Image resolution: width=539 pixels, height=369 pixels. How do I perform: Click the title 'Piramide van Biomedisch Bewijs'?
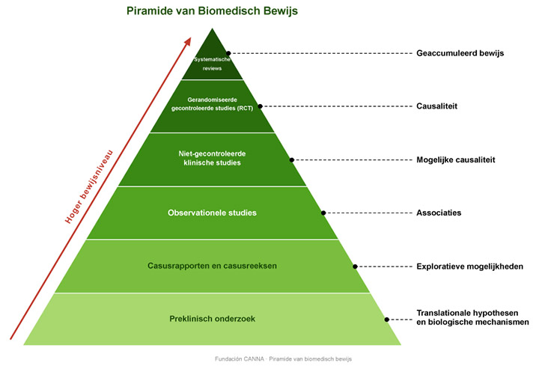(x=212, y=11)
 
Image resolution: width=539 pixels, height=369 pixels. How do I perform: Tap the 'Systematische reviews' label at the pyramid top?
(x=212, y=64)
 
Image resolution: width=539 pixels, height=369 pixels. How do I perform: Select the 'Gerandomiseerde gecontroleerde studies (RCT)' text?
(x=212, y=104)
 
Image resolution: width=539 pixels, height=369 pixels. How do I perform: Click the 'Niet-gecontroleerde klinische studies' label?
(x=212, y=158)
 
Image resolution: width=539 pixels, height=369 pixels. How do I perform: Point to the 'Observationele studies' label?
(x=212, y=213)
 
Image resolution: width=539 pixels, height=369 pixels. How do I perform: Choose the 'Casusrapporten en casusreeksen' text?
(x=212, y=266)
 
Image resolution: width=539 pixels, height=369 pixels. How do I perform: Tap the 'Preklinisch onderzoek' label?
(x=212, y=319)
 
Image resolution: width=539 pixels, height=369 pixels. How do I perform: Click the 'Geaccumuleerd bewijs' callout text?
(x=460, y=53)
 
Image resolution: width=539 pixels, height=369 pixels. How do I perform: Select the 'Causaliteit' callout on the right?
(x=437, y=106)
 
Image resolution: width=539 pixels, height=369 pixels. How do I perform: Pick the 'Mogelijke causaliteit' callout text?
(x=456, y=159)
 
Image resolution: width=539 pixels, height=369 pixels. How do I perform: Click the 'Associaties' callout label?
(x=439, y=213)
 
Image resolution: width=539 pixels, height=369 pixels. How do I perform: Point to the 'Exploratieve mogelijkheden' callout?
(x=470, y=266)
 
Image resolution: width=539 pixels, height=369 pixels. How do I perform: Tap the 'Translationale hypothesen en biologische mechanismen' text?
(x=472, y=317)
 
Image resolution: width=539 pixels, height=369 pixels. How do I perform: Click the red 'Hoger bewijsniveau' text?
(x=88, y=186)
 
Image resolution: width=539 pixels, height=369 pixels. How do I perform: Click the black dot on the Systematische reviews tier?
(x=228, y=53)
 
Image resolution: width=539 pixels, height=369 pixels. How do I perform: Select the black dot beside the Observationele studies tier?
(x=323, y=213)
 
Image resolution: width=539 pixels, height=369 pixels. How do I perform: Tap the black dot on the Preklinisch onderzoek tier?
(x=387, y=320)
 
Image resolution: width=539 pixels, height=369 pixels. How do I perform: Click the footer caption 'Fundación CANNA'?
(x=240, y=359)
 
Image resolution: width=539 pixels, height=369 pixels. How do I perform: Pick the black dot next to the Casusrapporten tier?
(x=355, y=266)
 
